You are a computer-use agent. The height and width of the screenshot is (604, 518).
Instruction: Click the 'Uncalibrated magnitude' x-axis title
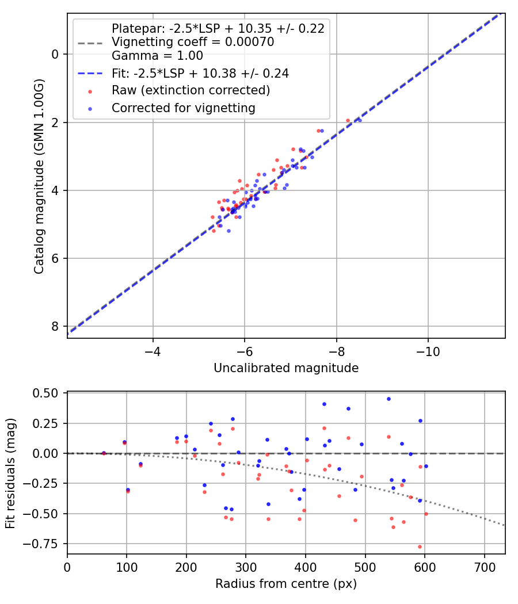(286, 368)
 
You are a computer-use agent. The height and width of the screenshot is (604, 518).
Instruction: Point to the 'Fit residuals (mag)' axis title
(10, 473)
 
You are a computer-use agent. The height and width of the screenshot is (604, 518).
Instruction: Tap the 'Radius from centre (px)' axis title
(286, 584)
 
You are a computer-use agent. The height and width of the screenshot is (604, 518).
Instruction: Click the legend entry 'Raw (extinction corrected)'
(191, 90)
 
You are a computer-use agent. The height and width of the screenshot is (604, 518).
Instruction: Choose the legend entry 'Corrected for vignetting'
(184, 108)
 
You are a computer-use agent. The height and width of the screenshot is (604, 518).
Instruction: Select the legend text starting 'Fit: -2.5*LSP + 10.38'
(200, 73)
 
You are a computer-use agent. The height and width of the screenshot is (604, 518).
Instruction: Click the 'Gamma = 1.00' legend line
(157, 56)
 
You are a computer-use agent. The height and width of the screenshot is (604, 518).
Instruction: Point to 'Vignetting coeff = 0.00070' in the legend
(193, 42)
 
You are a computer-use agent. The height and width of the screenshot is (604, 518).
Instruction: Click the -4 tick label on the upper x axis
(153, 350)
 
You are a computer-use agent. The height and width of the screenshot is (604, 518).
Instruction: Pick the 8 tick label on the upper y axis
(55, 326)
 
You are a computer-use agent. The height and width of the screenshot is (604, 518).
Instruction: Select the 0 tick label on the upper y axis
(55, 54)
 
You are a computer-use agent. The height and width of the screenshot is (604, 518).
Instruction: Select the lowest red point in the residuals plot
(420, 546)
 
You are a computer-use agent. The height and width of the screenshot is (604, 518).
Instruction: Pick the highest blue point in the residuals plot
(389, 399)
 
